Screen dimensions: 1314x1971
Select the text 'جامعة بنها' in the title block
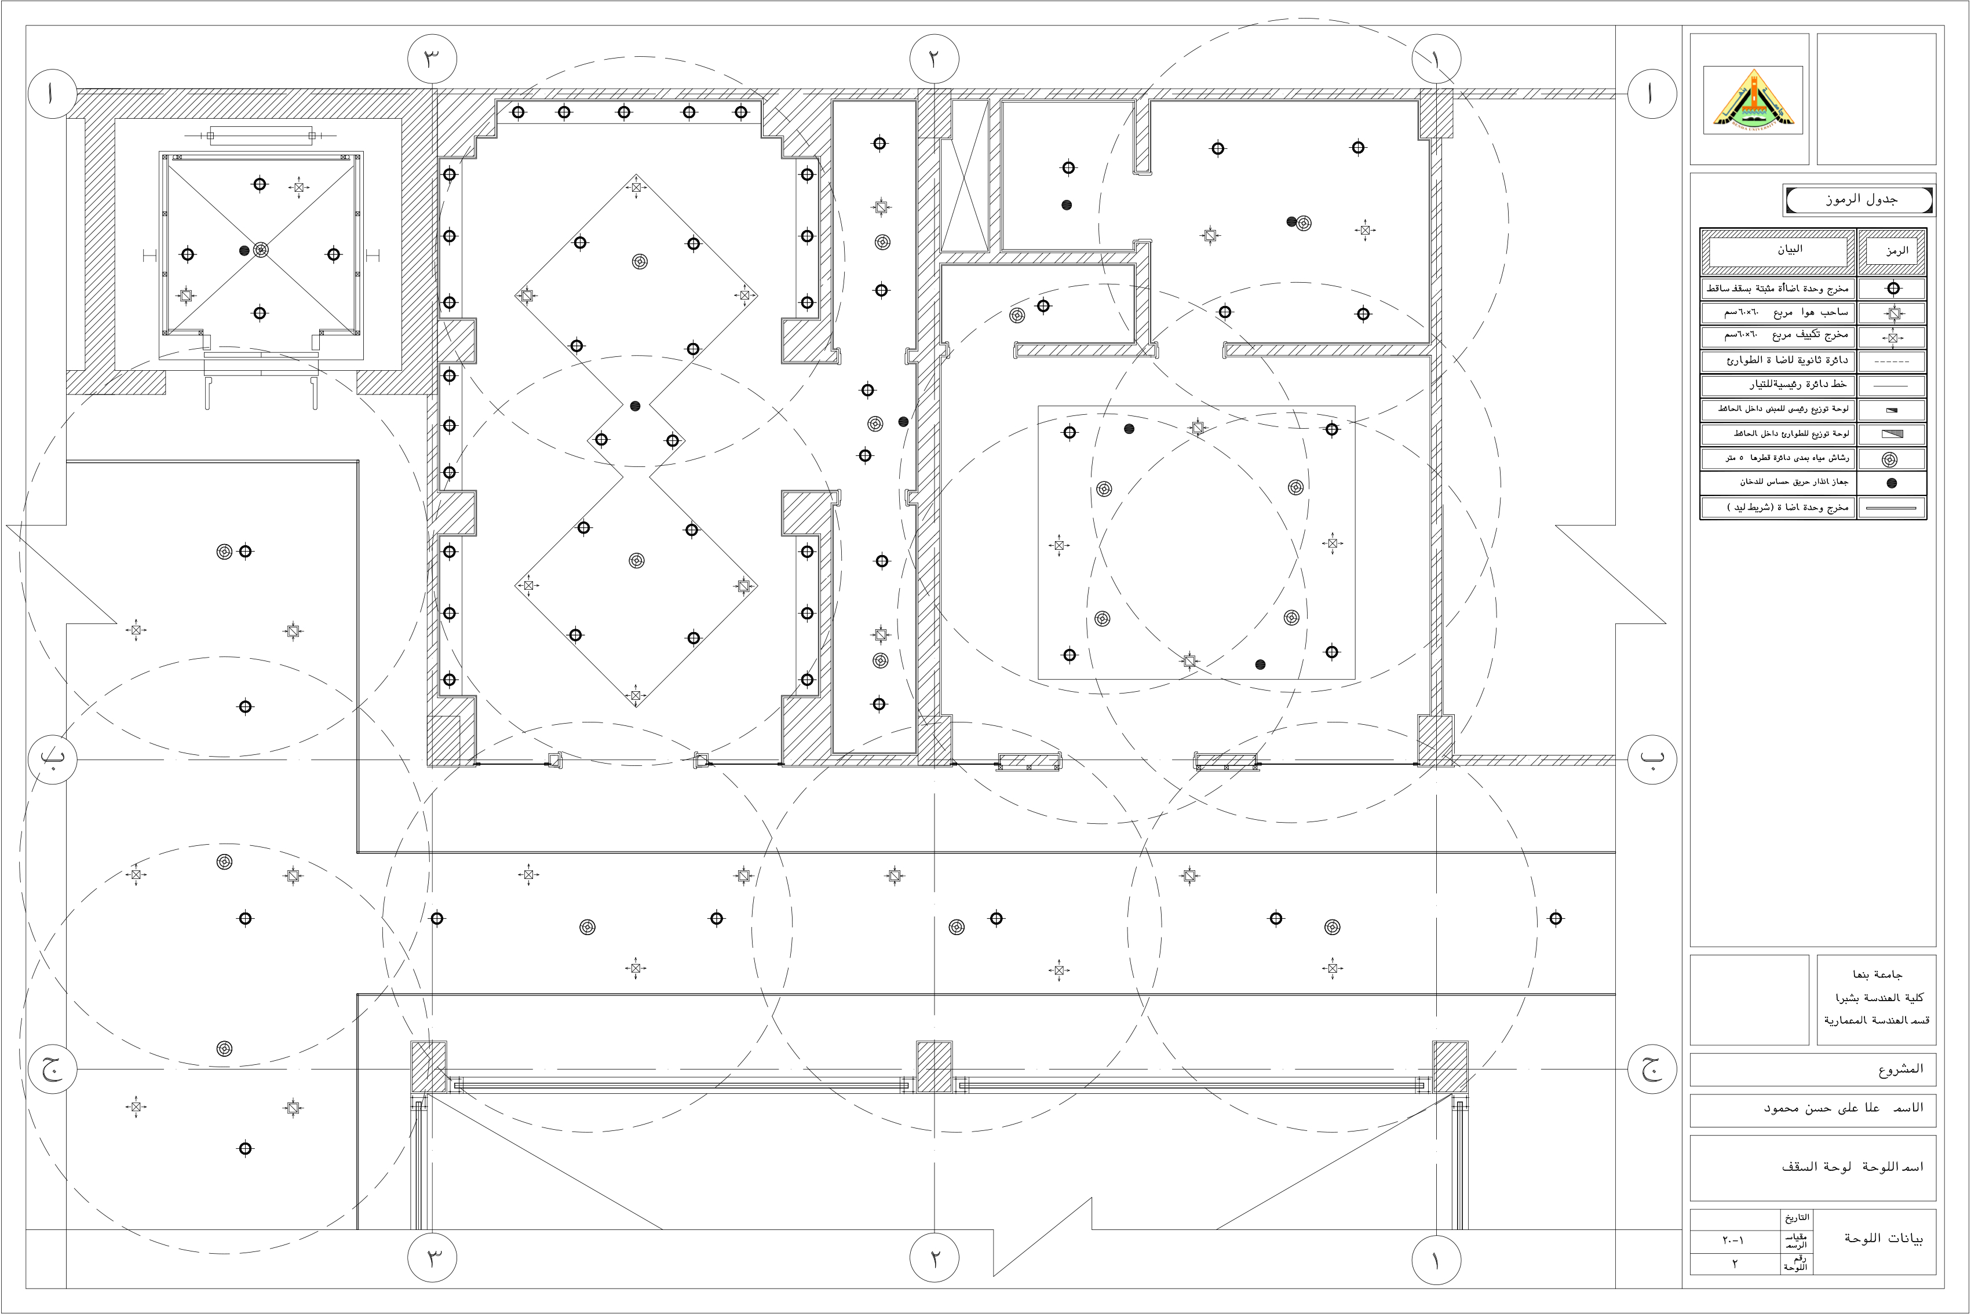coord(1877,974)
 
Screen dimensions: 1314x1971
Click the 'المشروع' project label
coord(1900,1070)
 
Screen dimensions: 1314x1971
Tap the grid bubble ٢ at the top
coord(933,60)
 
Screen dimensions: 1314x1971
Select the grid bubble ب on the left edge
coord(52,758)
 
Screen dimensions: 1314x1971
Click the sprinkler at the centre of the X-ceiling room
coord(261,250)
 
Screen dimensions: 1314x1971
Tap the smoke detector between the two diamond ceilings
coord(635,406)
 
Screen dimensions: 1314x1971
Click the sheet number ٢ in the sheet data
coord(1734,1264)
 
